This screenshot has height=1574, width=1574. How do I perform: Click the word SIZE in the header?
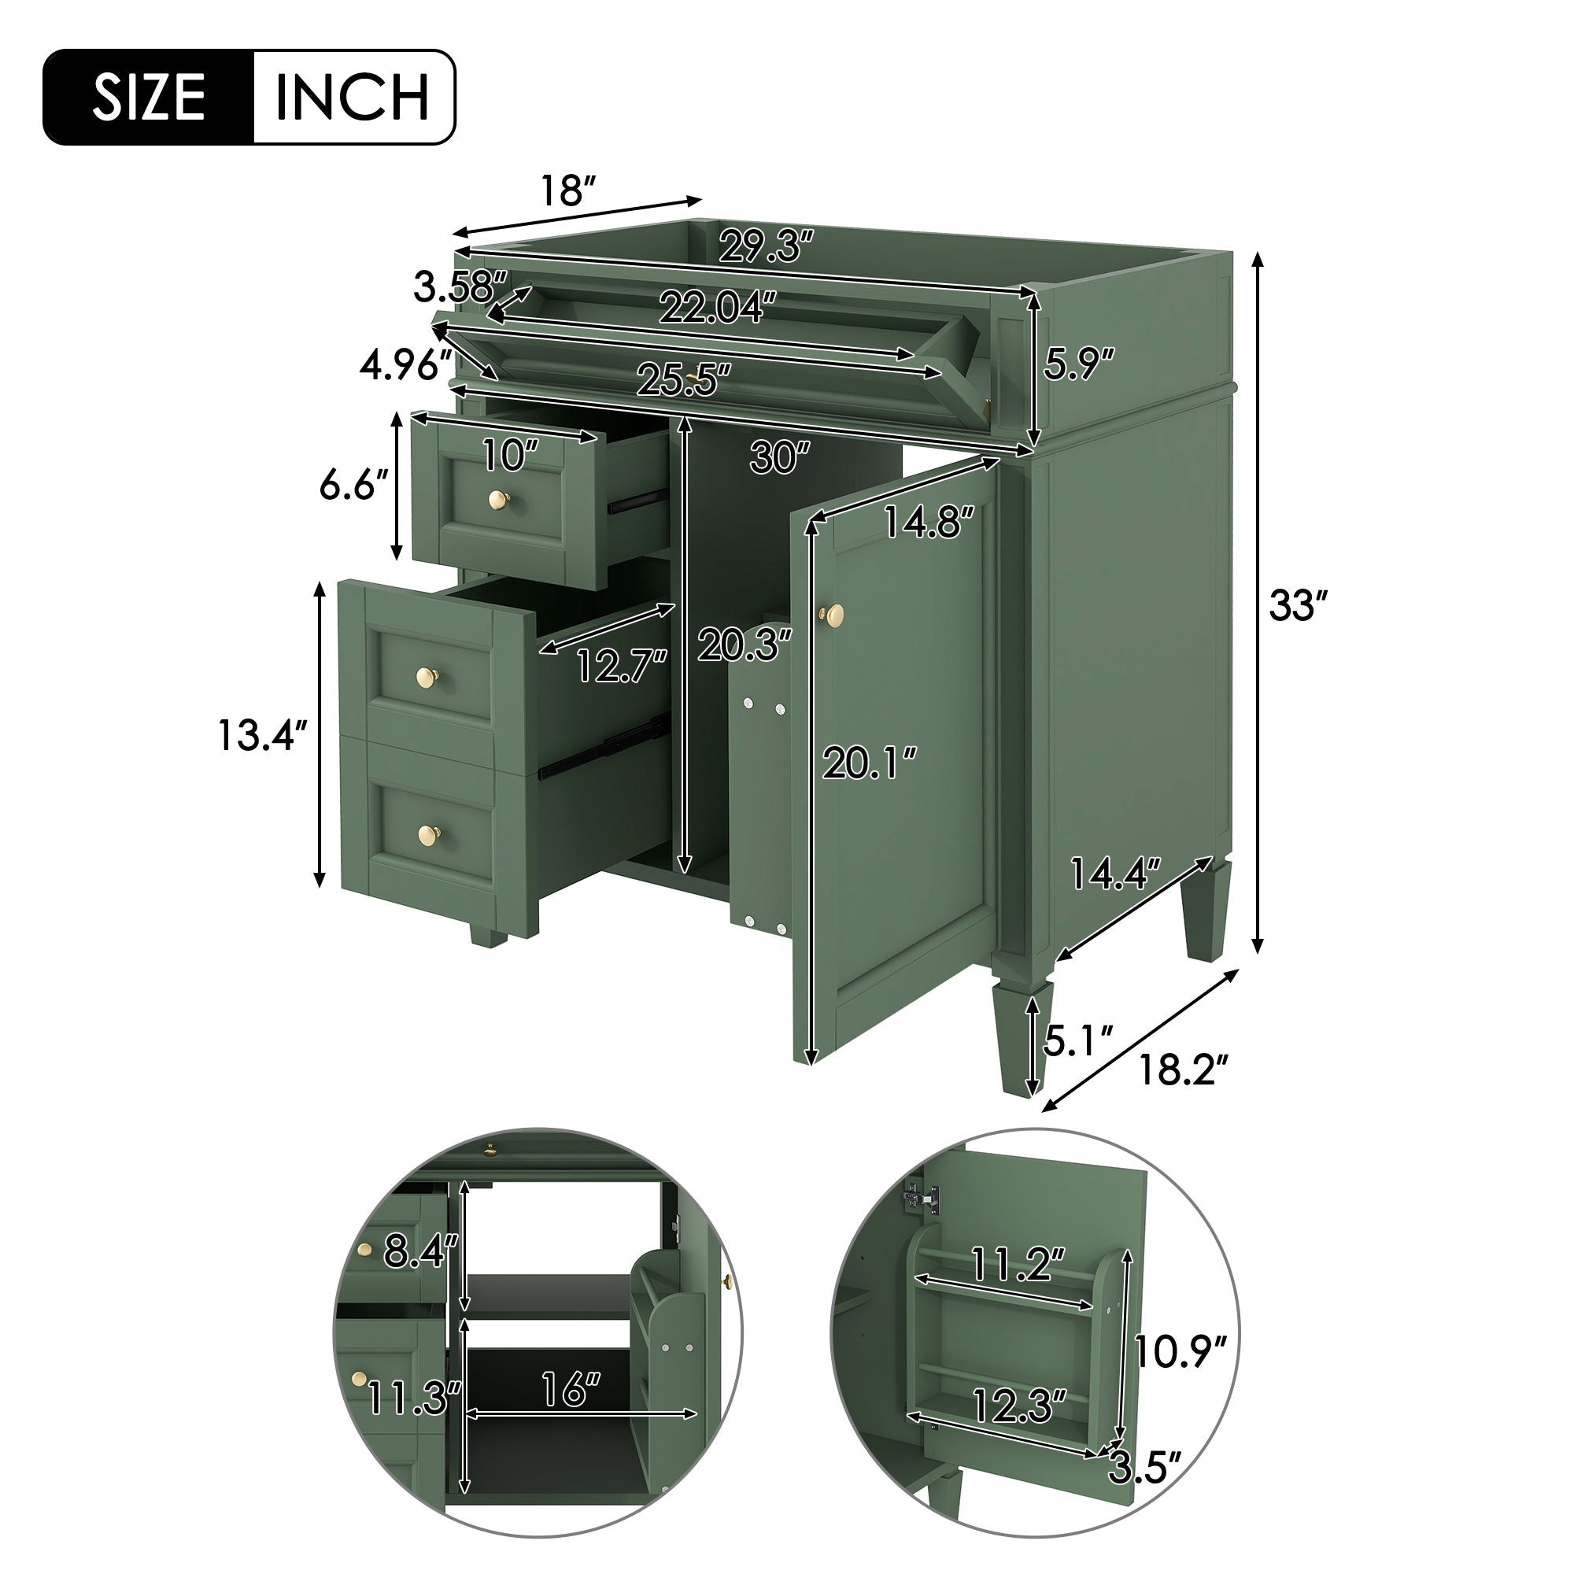[x=148, y=97]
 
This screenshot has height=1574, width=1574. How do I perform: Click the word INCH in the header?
[x=352, y=97]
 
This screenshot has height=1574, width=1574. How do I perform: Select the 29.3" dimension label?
[x=767, y=246]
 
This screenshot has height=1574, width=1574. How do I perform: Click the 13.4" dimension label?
[x=262, y=736]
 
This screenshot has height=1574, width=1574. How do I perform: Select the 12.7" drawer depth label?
[x=623, y=666]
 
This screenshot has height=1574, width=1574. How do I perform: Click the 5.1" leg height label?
[x=1078, y=1042]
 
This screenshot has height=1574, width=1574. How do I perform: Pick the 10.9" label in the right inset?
[x=1180, y=1351]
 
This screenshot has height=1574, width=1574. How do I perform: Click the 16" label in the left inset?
[x=569, y=1390]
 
